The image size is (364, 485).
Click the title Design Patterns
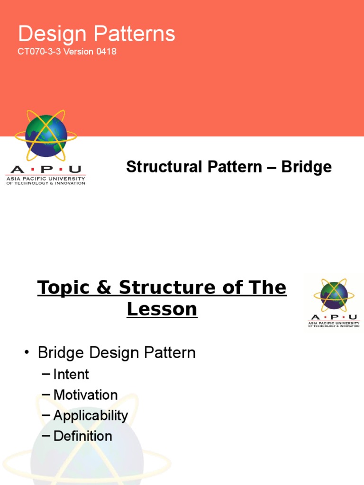pyautogui.click(x=97, y=34)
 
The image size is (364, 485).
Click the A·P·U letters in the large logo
pyautogui.click(x=45, y=170)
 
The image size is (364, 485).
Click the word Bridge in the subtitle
pyautogui.click(x=307, y=167)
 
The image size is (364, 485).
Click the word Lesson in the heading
pyautogui.click(x=162, y=309)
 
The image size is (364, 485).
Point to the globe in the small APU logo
pyautogui.click(x=334, y=295)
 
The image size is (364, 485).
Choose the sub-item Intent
pyautogui.click(x=71, y=374)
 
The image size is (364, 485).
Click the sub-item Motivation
pyautogui.click(x=85, y=395)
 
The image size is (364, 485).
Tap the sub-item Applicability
pyautogui.click(x=91, y=415)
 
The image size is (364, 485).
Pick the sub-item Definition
pyautogui.click(x=82, y=436)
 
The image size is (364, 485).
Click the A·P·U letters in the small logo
pyautogui.click(x=334, y=317)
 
